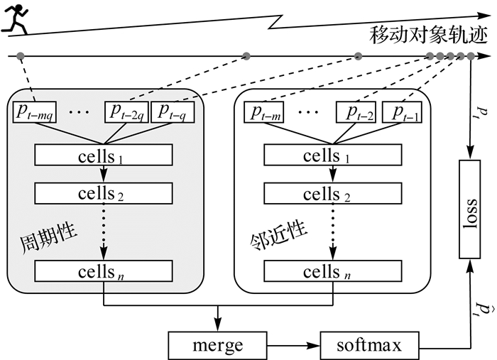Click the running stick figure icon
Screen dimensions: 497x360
[15, 18]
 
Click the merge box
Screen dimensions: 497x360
[217, 345]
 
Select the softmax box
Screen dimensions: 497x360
[369, 345]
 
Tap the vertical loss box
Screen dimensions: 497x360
[470, 209]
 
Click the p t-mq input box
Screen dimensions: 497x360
[35, 112]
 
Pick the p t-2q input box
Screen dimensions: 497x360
[126, 112]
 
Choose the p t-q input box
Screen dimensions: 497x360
[173, 112]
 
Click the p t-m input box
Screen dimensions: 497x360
[263, 112]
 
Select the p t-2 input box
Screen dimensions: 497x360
[356, 112]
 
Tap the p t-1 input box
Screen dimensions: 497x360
[403, 112]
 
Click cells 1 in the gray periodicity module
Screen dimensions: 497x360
[104, 155]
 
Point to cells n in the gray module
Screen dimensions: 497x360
[104, 271]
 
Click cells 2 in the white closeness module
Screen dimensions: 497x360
[333, 193]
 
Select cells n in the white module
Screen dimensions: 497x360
[333, 271]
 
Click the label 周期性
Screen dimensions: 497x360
[48, 238]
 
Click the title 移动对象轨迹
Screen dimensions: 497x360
[428, 36]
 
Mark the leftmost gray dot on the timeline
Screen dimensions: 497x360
[21, 56]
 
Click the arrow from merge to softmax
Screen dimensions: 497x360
[293, 345]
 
